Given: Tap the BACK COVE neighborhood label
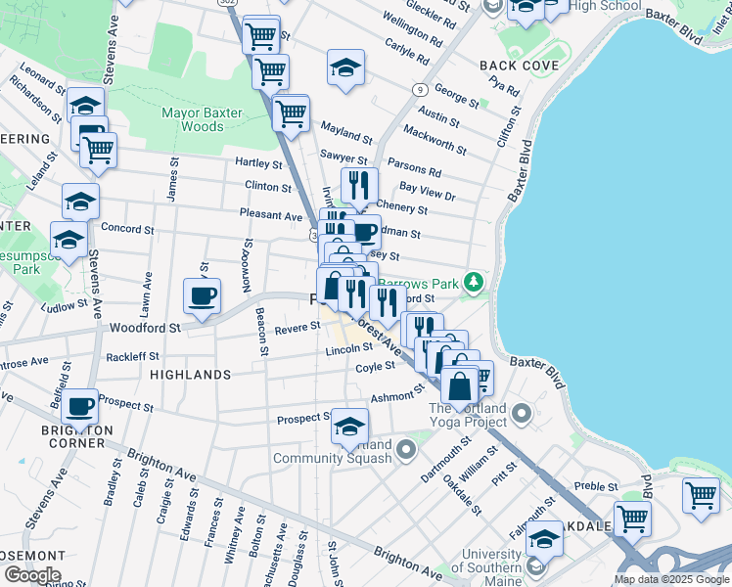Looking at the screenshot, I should (x=519, y=66).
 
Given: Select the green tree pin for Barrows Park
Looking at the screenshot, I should (x=475, y=283).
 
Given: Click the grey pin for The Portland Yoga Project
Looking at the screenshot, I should (x=521, y=415).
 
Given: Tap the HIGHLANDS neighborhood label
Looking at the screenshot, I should (x=191, y=375).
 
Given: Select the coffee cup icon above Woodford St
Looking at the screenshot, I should (x=203, y=295).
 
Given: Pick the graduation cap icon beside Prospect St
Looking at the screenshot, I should (x=349, y=426).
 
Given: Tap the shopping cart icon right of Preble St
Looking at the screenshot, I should (x=701, y=494).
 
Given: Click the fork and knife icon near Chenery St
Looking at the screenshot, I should (x=359, y=184).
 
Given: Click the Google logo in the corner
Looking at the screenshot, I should (x=32, y=575).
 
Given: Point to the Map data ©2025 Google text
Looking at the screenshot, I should (x=670, y=579).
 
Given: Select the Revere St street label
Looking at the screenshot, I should (x=297, y=330).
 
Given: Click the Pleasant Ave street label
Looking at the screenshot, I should (x=271, y=214).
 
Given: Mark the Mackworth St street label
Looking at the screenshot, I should (x=435, y=139).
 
